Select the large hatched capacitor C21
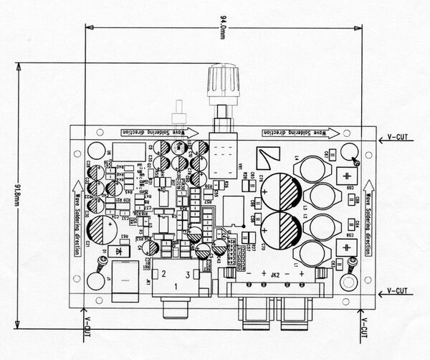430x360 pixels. [102, 231]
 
